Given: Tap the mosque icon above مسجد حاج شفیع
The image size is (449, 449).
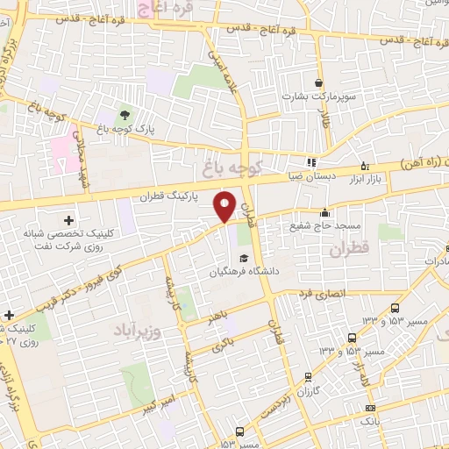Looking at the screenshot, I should tap(325, 211).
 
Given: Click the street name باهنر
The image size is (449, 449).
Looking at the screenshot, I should tap(218, 316).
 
